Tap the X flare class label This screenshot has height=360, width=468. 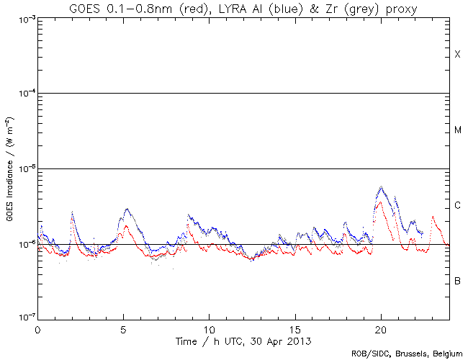(x=457, y=55)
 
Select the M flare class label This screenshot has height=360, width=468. (x=457, y=130)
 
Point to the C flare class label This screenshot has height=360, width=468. (x=457, y=206)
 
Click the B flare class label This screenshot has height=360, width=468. (x=457, y=281)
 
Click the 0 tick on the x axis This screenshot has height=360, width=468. (x=37, y=328)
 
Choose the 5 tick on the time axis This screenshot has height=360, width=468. (x=123, y=328)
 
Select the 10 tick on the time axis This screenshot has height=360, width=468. (x=209, y=328)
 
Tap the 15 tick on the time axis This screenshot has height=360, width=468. (x=294, y=328)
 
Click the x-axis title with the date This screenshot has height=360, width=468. (x=244, y=339)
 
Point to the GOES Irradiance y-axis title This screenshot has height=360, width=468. (x=9, y=169)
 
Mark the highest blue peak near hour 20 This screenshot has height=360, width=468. (x=381, y=187)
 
